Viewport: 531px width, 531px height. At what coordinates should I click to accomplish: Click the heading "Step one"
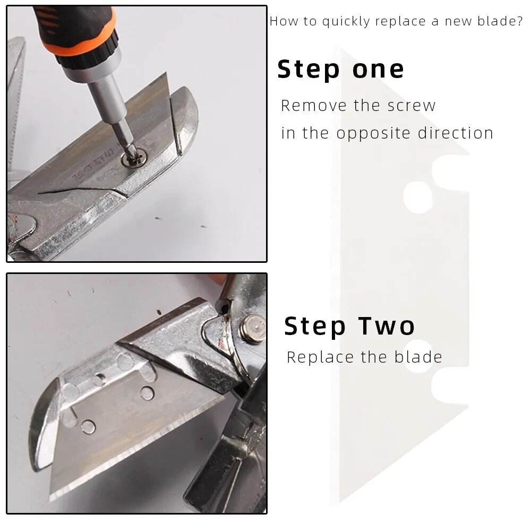click(341, 70)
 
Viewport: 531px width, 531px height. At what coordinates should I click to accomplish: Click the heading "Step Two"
click(349, 326)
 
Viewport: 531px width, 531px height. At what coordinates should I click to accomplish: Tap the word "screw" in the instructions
click(412, 106)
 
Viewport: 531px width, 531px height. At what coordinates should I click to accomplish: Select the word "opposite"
click(374, 133)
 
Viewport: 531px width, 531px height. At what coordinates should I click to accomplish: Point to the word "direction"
click(456, 133)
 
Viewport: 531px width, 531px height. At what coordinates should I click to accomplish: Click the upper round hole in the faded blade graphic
click(418, 197)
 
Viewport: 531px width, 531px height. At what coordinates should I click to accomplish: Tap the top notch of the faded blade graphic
click(450, 173)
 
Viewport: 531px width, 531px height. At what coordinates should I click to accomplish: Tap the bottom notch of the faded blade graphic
click(450, 386)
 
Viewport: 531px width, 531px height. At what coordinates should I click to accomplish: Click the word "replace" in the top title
click(400, 22)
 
